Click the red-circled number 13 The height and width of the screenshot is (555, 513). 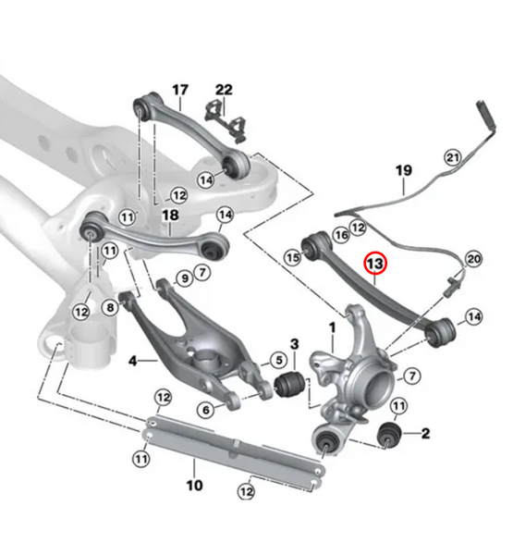[376, 265]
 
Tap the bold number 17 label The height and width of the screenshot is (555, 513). [179, 90]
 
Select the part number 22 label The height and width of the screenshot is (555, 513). [224, 90]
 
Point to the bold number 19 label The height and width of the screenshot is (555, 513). [403, 170]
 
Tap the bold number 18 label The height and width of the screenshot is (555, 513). [169, 216]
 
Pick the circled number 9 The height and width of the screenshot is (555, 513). [184, 277]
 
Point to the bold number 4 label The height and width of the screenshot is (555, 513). [132, 359]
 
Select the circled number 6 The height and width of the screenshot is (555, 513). [208, 408]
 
